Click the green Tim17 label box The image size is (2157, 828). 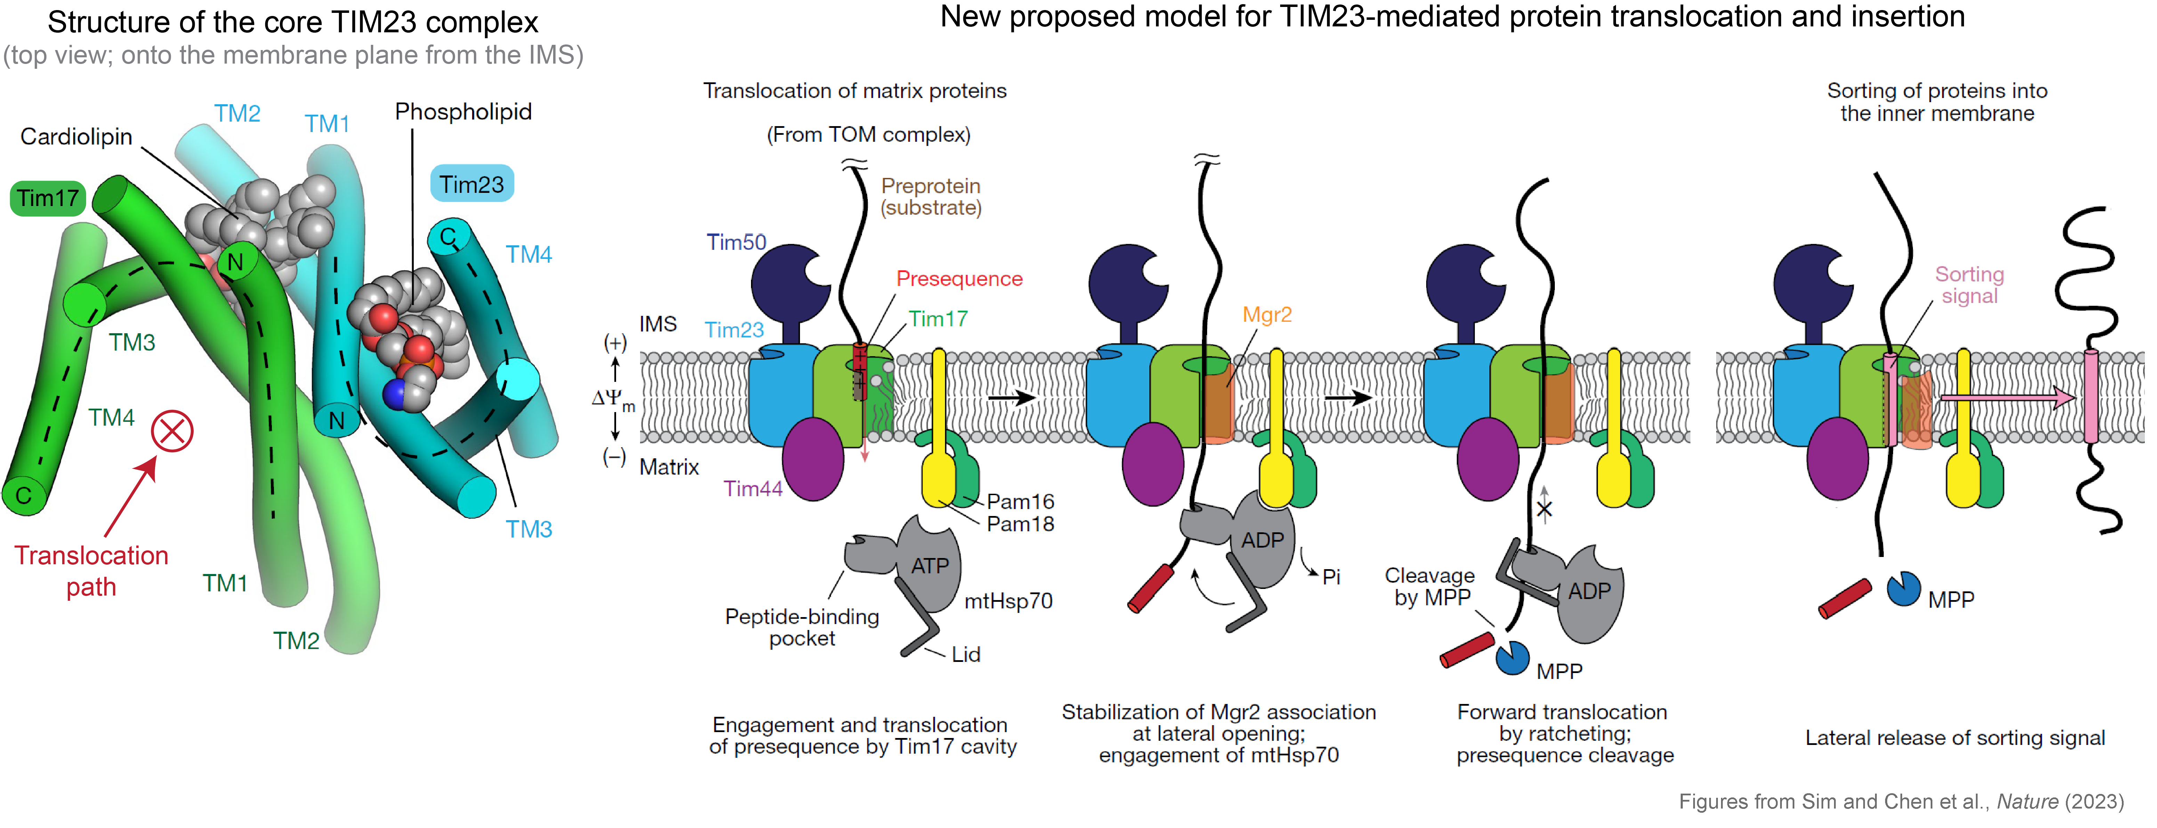[x=48, y=198]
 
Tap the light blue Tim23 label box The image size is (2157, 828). [x=471, y=184]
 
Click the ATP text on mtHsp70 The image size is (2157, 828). [x=929, y=566]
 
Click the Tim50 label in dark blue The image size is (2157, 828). [x=736, y=243]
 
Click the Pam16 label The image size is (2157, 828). [x=1020, y=501]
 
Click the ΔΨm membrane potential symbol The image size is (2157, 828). [x=613, y=399]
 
